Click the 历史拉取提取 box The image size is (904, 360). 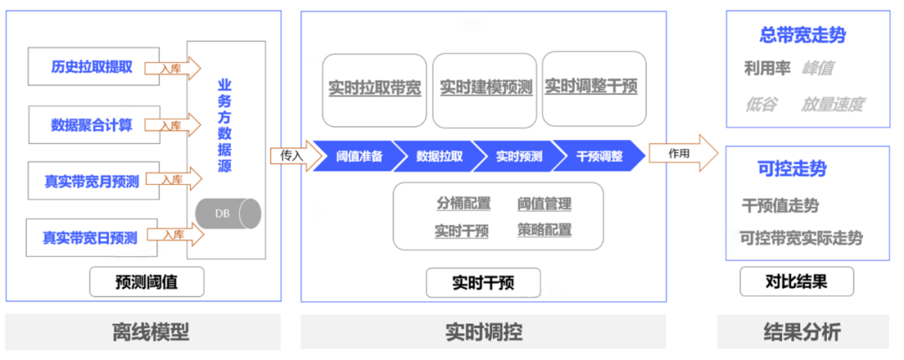click(91, 66)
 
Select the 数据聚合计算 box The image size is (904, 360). click(91, 125)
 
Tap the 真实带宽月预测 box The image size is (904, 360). click(92, 180)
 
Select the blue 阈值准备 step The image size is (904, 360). click(357, 156)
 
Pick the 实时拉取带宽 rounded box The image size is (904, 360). click(375, 88)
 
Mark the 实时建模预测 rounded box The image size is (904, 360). click(485, 88)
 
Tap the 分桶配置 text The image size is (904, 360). click(463, 203)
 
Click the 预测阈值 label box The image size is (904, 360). click(147, 283)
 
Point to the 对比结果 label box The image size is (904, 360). click(796, 281)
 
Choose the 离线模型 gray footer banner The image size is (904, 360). click(151, 332)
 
